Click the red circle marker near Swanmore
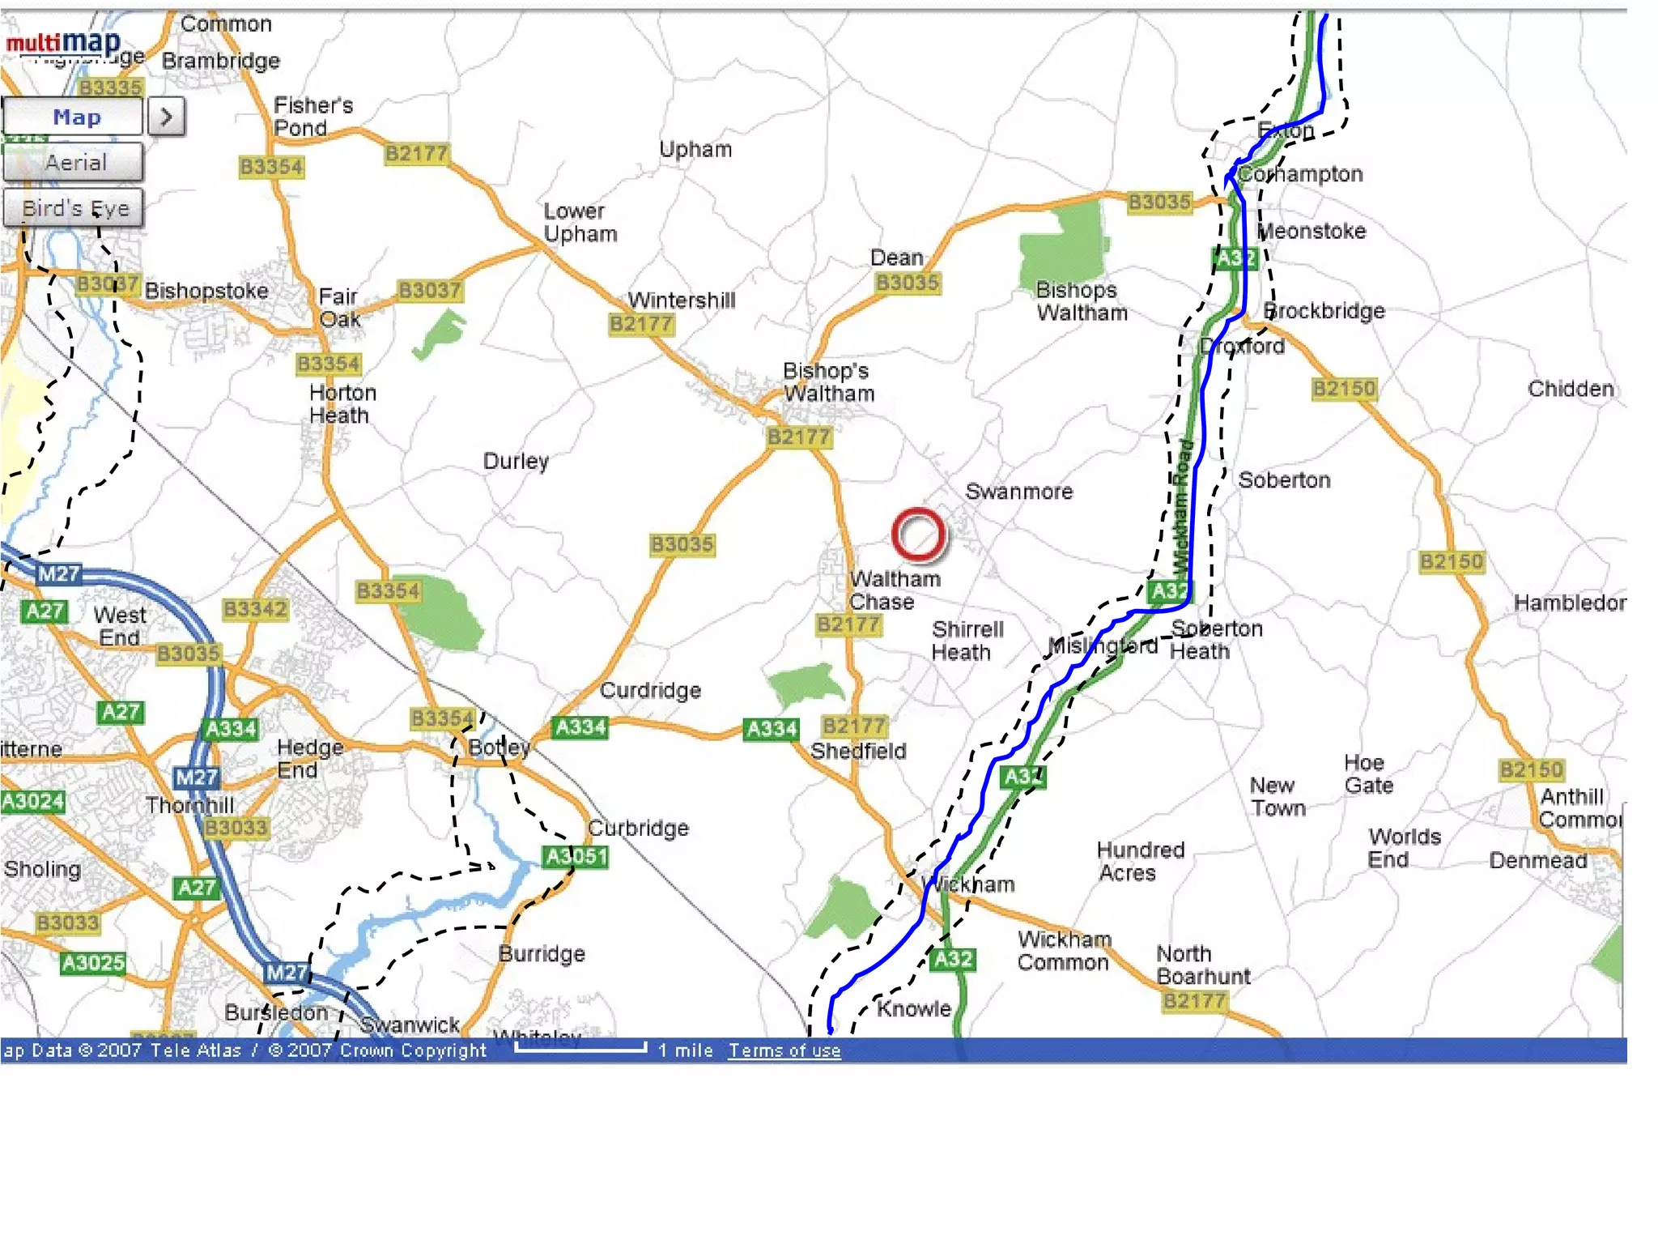918,535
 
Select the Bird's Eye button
74,208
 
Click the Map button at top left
74,117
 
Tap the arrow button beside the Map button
167,117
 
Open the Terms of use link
784,1050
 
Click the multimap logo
64,42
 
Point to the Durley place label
516,461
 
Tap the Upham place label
695,149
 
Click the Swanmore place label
1018,492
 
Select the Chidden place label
1571,389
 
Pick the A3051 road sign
576,856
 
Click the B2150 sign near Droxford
1344,389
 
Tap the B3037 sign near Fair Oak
430,290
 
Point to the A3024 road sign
32,801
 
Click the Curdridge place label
650,690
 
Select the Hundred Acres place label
1139,861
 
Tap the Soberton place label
1284,480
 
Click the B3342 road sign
255,608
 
